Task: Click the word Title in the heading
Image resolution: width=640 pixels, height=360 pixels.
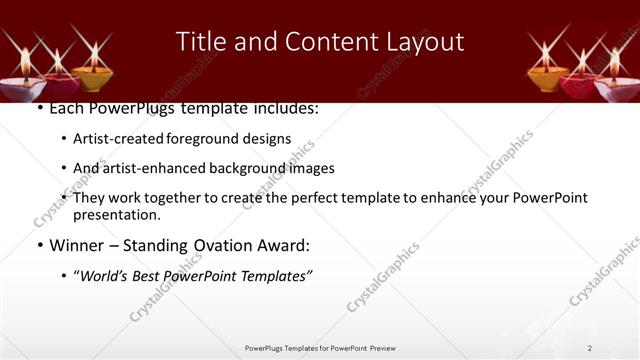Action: coord(199,42)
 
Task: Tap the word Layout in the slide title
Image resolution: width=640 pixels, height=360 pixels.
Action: coord(423,42)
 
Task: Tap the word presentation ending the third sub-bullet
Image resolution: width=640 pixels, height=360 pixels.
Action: coord(116,215)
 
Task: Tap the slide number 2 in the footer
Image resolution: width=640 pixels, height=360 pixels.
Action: coord(589,348)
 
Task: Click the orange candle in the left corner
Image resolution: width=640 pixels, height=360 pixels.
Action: coord(92,75)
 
